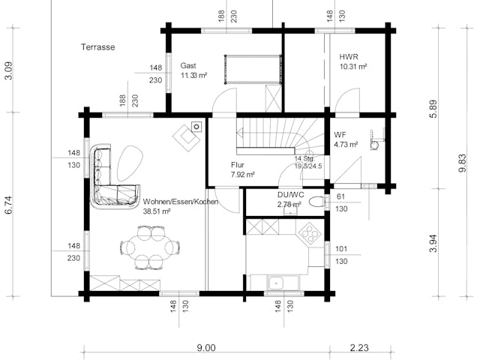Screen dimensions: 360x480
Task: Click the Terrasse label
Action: [x=97, y=46]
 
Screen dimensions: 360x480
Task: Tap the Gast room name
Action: [x=188, y=65]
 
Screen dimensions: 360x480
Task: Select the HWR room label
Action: [x=348, y=57]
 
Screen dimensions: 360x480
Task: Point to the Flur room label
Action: [x=239, y=164]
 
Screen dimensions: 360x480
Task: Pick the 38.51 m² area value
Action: [x=157, y=212]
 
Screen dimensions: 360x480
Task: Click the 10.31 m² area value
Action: [x=352, y=67]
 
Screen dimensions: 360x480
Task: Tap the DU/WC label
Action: [x=289, y=194]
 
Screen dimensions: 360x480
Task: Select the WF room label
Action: [x=340, y=135]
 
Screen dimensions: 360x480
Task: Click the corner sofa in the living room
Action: [x=109, y=180]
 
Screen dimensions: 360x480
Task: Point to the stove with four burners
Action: [x=309, y=235]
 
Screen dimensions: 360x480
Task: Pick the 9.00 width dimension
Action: [x=205, y=347]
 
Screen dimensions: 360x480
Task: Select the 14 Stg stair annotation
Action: [x=304, y=159]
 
